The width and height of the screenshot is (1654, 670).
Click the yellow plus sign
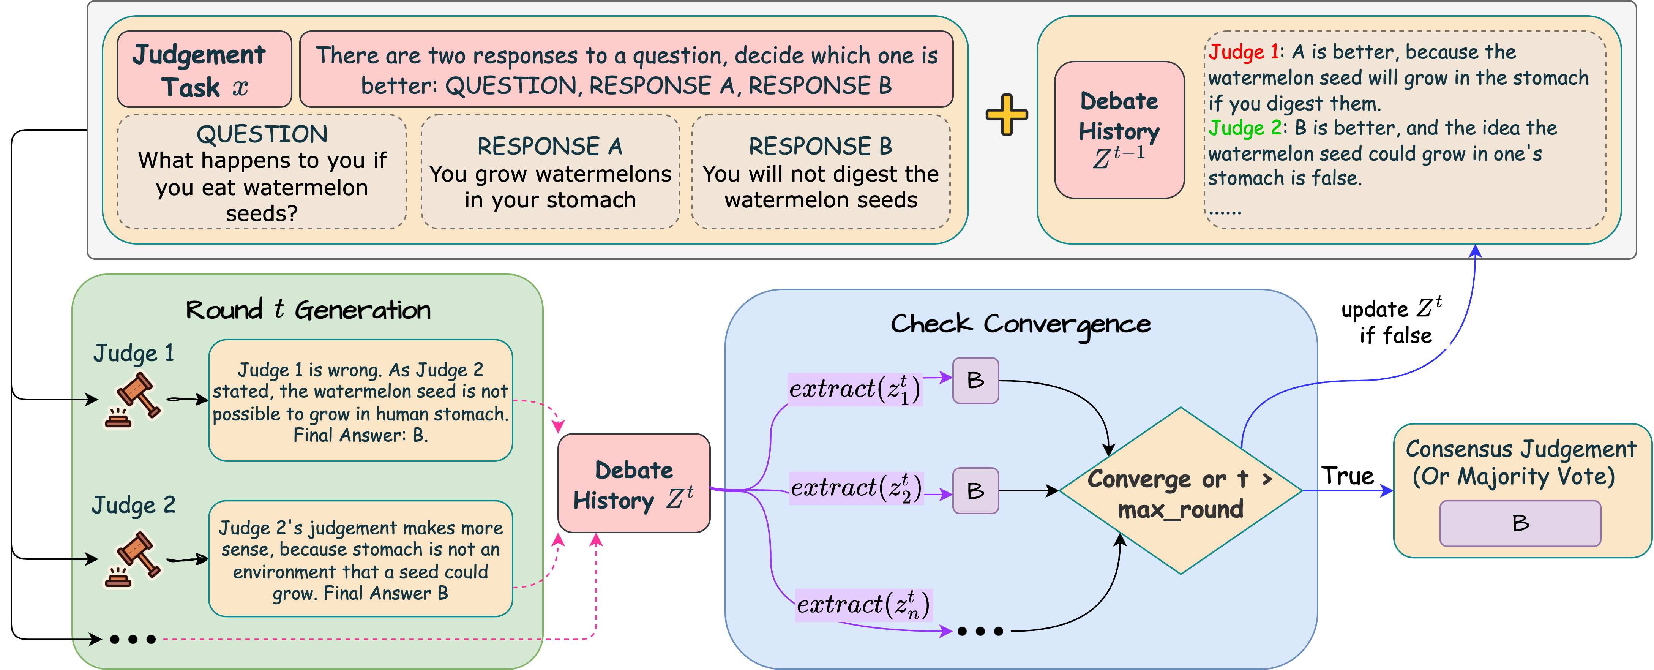(x=1006, y=115)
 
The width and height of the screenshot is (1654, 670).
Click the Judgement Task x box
(x=204, y=70)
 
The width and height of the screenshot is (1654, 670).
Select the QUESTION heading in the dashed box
(x=262, y=134)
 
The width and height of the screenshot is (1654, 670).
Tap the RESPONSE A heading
(x=549, y=147)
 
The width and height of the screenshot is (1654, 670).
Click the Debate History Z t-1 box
(x=1119, y=130)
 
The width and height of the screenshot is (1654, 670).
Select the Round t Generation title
(x=308, y=310)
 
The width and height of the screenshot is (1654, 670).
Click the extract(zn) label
(x=863, y=605)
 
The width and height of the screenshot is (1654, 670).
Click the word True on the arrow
(x=1347, y=476)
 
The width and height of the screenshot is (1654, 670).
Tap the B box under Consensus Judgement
(x=1520, y=523)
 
